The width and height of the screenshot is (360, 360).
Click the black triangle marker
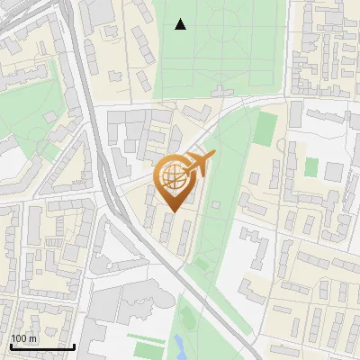click(x=181, y=24)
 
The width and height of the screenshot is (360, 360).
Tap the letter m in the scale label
click(x=33, y=338)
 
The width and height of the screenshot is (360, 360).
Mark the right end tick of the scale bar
click(x=74, y=346)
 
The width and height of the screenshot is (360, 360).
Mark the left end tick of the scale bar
click(x=9, y=346)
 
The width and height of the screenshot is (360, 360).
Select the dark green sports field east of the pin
click(x=264, y=129)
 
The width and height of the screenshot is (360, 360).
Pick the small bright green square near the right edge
click(x=310, y=167)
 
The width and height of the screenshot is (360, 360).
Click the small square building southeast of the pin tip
click(x=215, y=204)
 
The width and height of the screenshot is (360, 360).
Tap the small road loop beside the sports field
click(x=289, y=157)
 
